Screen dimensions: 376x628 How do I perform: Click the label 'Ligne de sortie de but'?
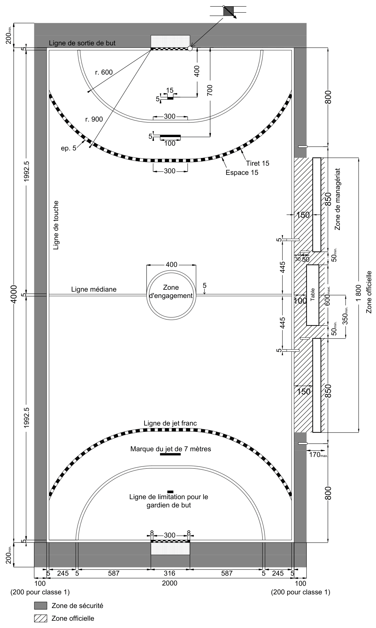point(82,43)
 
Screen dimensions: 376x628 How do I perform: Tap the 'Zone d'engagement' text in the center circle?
point(171,292)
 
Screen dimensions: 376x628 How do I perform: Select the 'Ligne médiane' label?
point(94,289)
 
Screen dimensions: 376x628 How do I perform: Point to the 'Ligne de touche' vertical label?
point(56,225)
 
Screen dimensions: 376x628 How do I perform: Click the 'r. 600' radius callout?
point(104,72)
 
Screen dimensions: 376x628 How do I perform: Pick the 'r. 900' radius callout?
point(94,119)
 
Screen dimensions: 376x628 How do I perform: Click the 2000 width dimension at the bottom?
point(170,583)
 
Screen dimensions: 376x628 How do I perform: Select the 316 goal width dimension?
point(170,573)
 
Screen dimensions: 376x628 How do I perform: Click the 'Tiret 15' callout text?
point(257,163)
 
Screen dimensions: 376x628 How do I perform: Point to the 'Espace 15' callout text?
point(242,173)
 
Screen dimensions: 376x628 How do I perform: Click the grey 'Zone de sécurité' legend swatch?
point(41,605)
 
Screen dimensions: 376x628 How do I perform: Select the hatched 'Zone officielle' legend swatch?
point(41,618)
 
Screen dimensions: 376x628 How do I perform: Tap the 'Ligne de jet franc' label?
point(170,423)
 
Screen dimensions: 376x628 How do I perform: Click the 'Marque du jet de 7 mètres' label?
point(171,449)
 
